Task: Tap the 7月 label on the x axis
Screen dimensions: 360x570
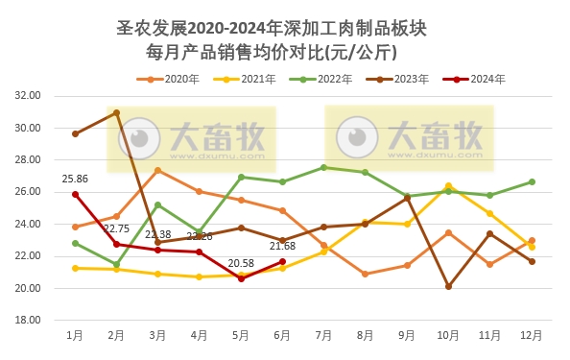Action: tap(323, 336)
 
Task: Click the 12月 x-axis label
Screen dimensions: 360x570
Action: tap(531, 336)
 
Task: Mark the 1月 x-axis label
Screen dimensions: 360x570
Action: tap(75, 336)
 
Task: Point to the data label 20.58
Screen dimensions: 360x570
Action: tap(241, 263)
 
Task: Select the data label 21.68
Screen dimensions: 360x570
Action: tap(282, 247)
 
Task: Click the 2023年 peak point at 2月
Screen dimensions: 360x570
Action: tap(116, 112)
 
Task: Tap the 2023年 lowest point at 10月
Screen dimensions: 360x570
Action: tap(448, 286)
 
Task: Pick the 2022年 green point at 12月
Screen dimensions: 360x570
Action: tap(532, 181)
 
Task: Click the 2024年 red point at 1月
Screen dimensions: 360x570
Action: tap(75, 194)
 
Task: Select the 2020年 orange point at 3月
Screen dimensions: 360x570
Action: tap(157, 171)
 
